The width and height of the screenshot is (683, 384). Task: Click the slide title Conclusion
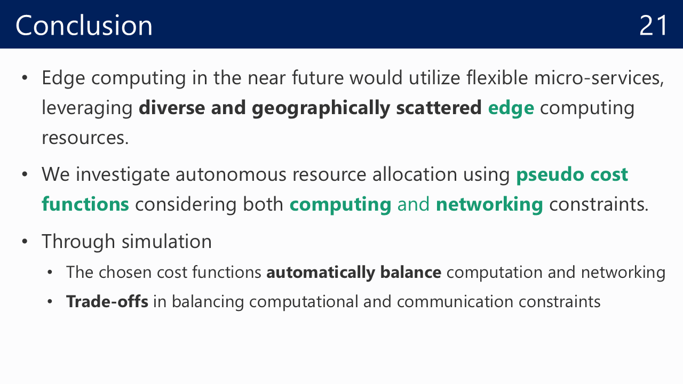pyautogui.click(x=84, y=25)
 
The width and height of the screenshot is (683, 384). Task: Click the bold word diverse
pyautogui.click(x=172, y=108)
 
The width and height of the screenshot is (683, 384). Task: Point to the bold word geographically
pyautogui.click(x=321, y=108)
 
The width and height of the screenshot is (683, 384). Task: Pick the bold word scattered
pyautogui.click(x=439, y=108)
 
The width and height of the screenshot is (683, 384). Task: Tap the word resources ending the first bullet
pyautogui.click(x=85, y=138)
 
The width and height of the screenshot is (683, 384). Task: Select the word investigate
pyautogui.click(x=123, y=175)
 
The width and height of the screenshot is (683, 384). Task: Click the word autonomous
pyautogui.click(x=231, y=175)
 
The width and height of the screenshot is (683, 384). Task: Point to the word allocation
pyautogui.click(x=415, y=174)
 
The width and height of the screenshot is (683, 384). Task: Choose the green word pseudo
pyautogui.click(x=550, y=175)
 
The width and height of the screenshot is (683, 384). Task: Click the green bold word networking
pyautogui.click(x=489, y=205)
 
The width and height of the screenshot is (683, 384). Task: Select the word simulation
pyautogui.click(x=166, y=242)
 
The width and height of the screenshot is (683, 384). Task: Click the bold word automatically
pyautogui.click(x=321, y=273)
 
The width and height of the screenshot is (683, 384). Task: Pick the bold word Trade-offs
pyautogui.click(x=107, y=301)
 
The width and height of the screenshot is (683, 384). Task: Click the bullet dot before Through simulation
pyautogui.click(x=25, y=242)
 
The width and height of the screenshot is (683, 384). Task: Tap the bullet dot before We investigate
pyautogui.click(x=25, y=174)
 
